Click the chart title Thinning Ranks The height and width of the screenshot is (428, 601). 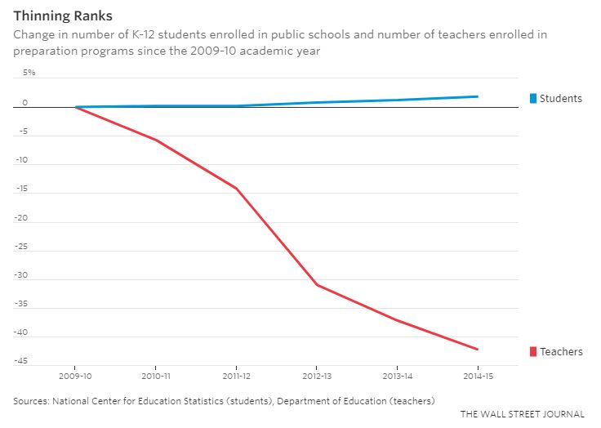point(63,16)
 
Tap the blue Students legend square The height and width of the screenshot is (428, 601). point(534,99)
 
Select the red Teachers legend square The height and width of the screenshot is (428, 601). point(534,352)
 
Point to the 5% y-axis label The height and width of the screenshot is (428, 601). point(29,73)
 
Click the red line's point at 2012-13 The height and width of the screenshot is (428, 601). point(317,285)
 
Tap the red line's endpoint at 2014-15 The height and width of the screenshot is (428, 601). point(478,350)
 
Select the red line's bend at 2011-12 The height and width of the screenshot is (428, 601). point(237,189)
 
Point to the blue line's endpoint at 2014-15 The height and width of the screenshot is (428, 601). point(478,96)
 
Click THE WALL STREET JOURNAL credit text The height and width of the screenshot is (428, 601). point(522,414)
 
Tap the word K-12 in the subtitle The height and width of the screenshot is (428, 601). point(124,35)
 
